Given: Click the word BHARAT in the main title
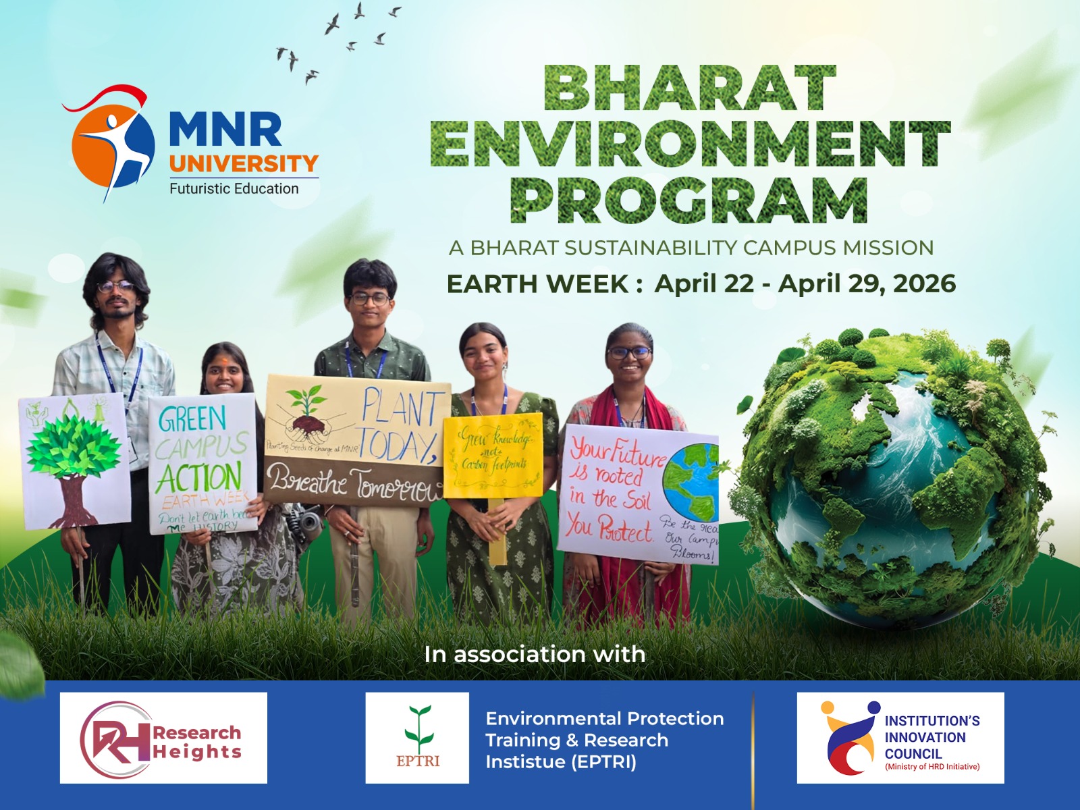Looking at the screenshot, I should coord(690,88).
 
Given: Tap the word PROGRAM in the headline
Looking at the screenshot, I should coord(689,200).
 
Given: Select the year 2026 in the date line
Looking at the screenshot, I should coord(924,283).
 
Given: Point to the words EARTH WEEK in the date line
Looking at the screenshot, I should coord(537,284).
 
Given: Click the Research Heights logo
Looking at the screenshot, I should coord(163,738).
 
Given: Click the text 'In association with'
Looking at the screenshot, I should coord(535,654).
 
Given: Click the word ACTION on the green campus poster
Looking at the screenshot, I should coord(199,477).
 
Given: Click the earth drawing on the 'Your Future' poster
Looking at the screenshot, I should coord(690,481).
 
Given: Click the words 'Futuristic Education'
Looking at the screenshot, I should coord(234,189).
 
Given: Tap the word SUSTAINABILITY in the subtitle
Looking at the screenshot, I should coord(651,248).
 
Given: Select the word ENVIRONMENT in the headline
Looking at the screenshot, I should coord(690,144).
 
